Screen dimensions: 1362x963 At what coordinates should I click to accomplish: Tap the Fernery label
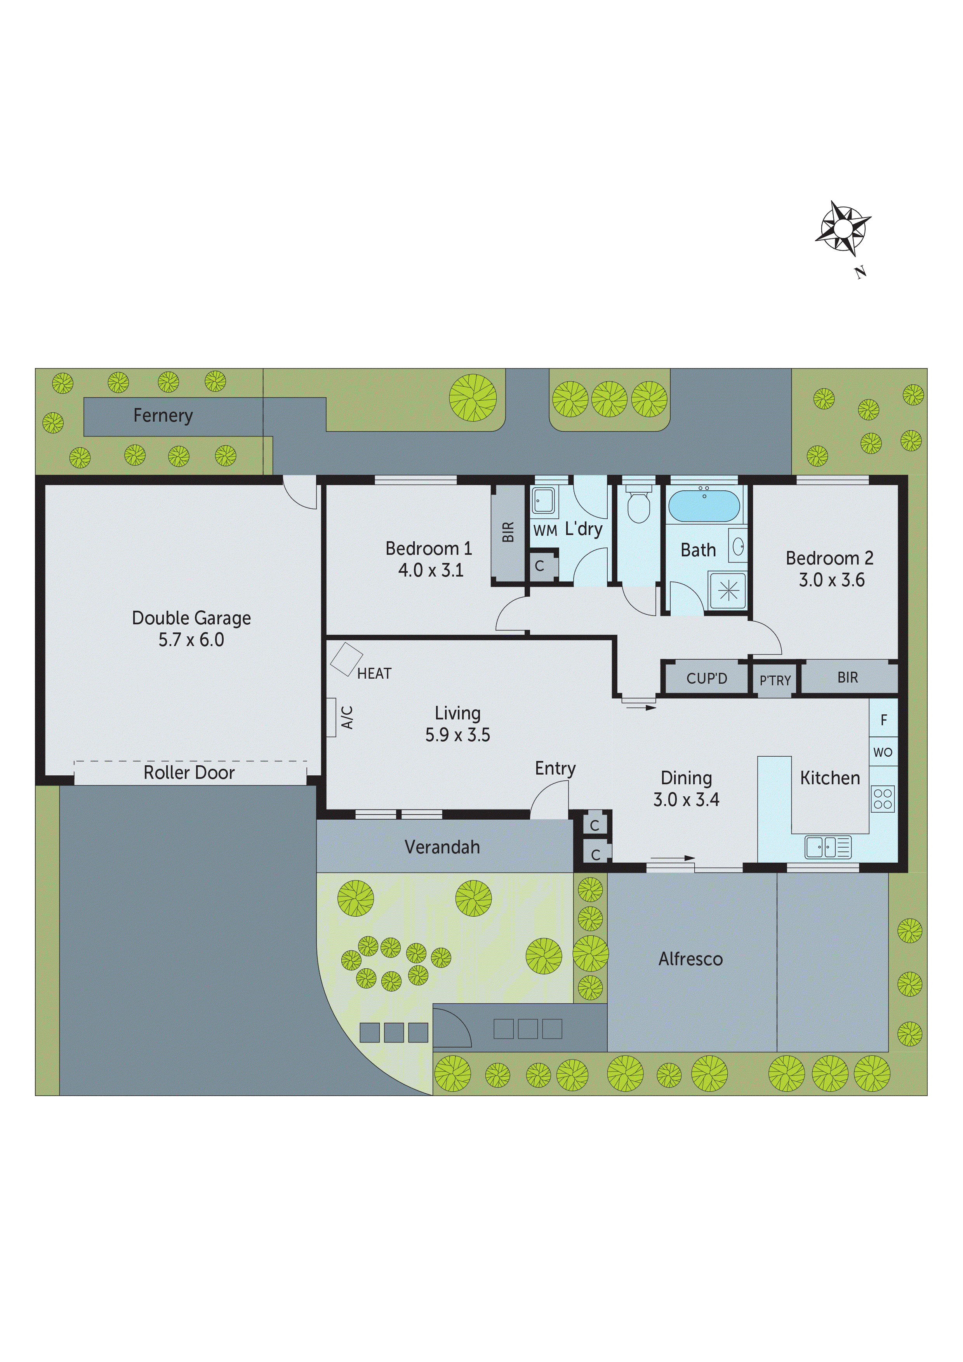click(x=163, y=416)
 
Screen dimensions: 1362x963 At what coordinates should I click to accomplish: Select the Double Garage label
click(x=191, y=618)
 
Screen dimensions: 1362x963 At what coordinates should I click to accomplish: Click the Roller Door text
click(x=189, y=772)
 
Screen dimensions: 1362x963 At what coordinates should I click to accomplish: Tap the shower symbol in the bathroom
click(x=728, y=590)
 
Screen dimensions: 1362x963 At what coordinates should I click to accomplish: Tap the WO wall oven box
click(x=883, y=752)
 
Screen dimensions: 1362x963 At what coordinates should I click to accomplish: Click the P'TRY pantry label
click(x=775, y=680)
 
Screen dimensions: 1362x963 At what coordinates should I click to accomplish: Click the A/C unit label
click(x=347, y=717)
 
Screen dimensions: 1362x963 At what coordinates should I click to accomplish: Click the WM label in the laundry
click(x=545, y=530)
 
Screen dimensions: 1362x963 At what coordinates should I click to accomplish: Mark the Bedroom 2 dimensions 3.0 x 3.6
click(x=831, y=580)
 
